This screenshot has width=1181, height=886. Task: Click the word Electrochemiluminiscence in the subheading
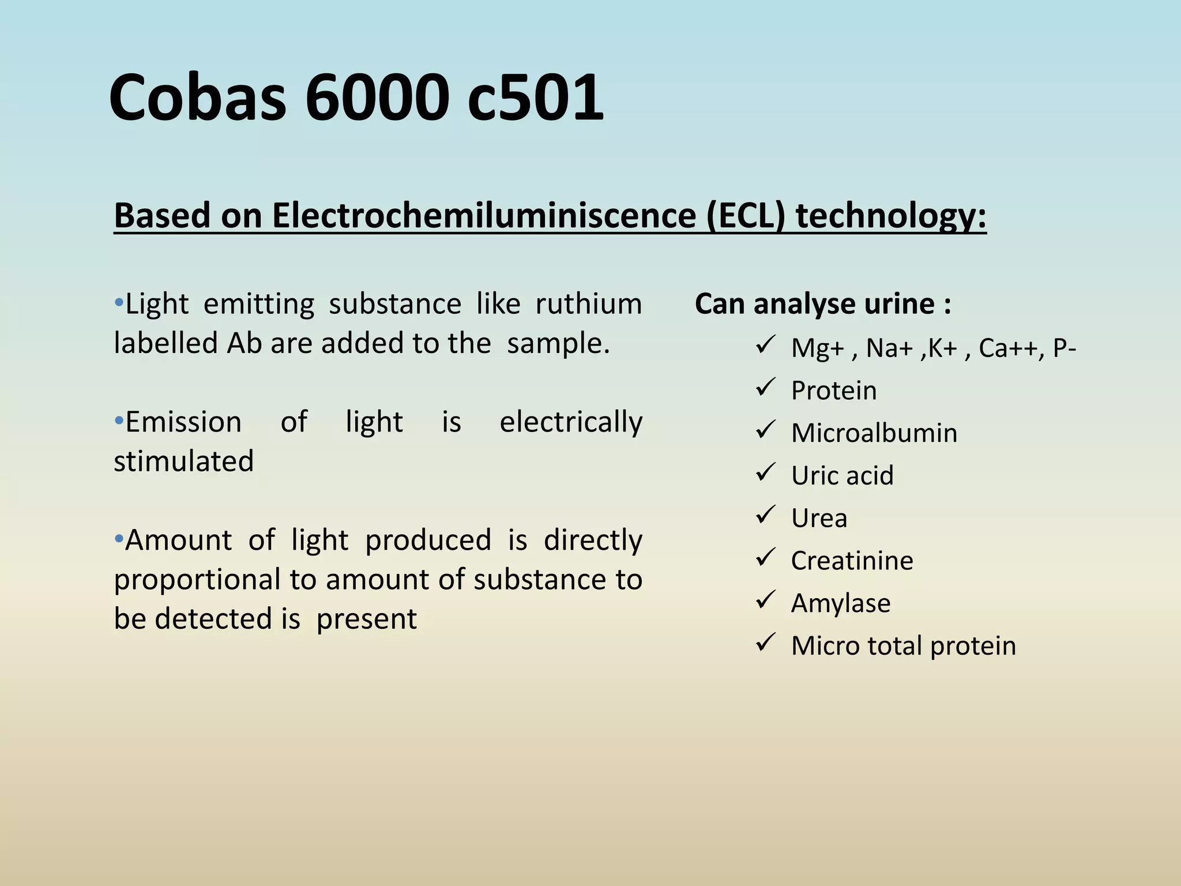tap(484, 216)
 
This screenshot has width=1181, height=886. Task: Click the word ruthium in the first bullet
tap(588, 304)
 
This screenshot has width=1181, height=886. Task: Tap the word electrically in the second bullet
tap(570, 422)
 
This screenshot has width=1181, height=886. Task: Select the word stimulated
tap(183, 461)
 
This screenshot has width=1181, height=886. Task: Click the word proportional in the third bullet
tap(197, 580)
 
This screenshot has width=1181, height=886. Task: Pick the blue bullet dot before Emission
tap(119, 421)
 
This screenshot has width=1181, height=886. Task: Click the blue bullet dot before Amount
tap(119, 539)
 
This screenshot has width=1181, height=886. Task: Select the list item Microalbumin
tap(874, 433)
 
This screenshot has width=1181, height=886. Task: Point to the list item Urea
tap(819, 518)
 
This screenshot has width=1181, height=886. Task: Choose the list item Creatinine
tap(852, 561)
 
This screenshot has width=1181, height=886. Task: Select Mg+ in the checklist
tap(817, 348)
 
